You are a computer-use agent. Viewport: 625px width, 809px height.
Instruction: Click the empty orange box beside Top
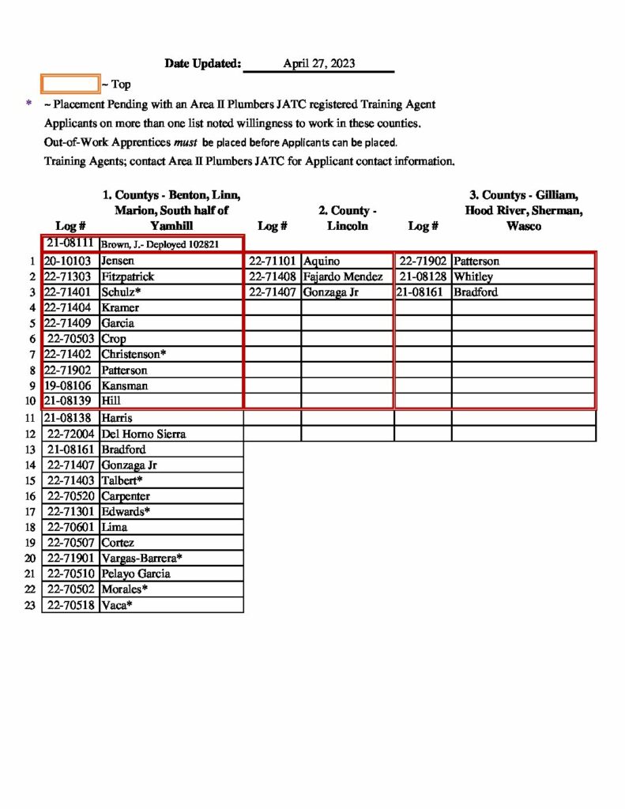(70, 84)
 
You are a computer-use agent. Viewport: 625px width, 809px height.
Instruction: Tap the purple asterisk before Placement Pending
(29, 103)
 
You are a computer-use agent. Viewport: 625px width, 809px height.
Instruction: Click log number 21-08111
(70, 244)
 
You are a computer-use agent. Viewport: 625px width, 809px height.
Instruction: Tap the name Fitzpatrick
(127, 277)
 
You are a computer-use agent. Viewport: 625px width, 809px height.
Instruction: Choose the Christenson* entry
(134, 354)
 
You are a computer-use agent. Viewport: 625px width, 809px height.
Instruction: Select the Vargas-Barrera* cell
(142, 558)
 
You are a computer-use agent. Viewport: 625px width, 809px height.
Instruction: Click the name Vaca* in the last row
(117, 605)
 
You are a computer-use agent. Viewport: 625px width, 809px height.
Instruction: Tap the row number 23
(30, 605)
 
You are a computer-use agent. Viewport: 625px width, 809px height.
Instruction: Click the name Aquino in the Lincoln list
(321, 261)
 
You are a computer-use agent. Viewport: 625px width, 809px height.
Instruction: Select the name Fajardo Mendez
(343, 277)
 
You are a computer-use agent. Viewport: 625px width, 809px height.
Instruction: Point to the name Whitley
(473, 277)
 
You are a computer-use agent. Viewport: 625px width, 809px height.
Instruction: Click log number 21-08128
(424, 277)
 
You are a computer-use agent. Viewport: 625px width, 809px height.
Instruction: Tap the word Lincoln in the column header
(348, 226)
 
